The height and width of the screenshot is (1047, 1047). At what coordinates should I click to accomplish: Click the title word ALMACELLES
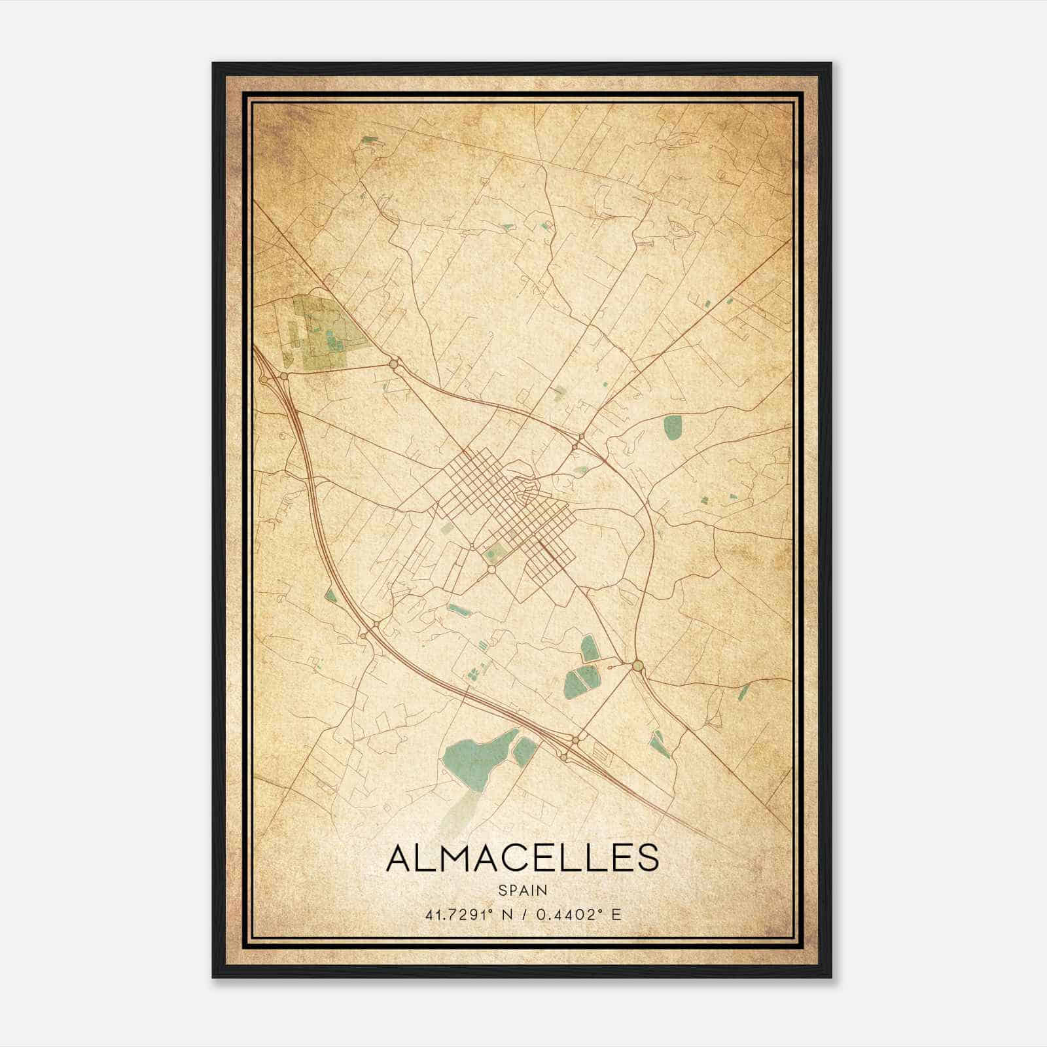pos(522,858)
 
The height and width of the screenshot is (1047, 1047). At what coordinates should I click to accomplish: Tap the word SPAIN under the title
pos(522,890)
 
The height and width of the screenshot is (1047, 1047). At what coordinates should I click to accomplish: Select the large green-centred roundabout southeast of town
pos(638,666)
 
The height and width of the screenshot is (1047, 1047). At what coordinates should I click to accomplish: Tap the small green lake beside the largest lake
pos(525,751)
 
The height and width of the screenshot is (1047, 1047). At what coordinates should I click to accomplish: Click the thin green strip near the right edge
pos(743,692)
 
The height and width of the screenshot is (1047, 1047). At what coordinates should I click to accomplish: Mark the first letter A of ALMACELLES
pos(400,858)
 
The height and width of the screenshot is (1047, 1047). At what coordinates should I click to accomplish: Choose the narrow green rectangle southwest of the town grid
pos(459,611)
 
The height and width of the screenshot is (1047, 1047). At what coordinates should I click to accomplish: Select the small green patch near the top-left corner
pos(370,139)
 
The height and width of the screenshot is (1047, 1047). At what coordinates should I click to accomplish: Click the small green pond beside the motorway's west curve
pos(331,595)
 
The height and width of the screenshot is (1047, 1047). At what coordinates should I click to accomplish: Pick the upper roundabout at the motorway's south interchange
pos(575,739)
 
